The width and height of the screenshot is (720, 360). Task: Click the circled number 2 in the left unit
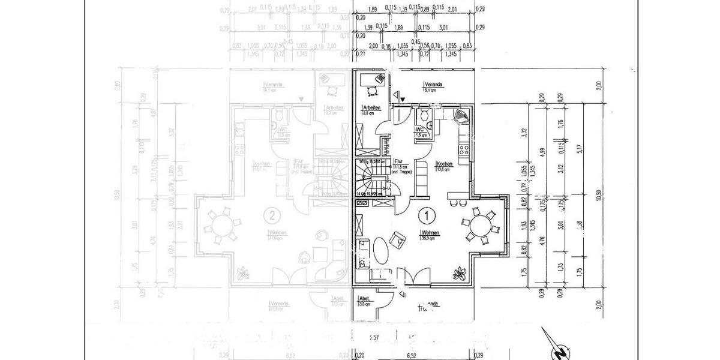272,214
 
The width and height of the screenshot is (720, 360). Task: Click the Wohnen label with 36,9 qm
431,234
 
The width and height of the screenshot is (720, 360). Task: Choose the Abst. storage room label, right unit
364,300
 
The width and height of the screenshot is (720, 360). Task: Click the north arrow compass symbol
557,345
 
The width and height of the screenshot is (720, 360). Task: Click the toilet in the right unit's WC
425,115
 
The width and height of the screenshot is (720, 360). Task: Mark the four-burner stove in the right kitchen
463,150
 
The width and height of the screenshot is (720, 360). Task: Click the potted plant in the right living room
460,274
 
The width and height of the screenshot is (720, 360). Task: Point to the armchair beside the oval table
396,238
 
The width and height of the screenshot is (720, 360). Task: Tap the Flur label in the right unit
398,161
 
